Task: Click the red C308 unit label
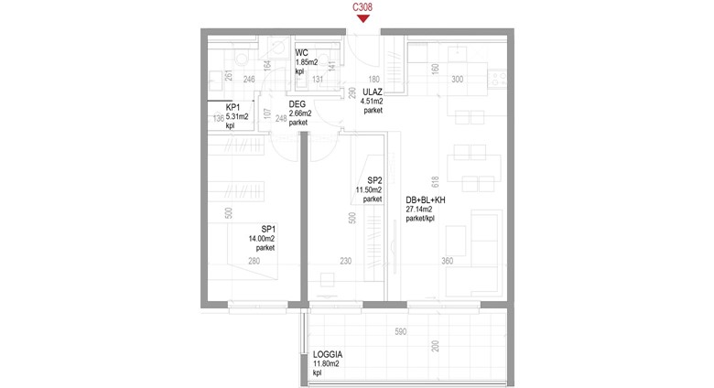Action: pyautogui.click(x=362, y=7)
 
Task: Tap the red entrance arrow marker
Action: pyautogui.click(x=362, y=18)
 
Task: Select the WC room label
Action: pyautogui.click(x=301, y=53)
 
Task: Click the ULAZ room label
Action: pyautogui.click(x=373, y=92)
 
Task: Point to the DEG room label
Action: pyautogui.click(x=297, y=104)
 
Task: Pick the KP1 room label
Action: pyautogui.click(x=233, y=107)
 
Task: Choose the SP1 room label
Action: pyautogui.click(x=268, y=229)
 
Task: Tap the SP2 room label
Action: pyautogui.click(x=374, y=181)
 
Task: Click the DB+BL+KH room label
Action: pyautogui.click(x=426, y=199)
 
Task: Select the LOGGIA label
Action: pyautogui.click(x=328, y=354)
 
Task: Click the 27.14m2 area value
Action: pyautogui.click(x=419, y=210)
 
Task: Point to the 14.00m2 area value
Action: pyautogui.click(x=262, y=239)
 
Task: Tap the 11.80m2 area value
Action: pyautogui.click(x=326, y=364)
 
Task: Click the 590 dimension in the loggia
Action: pyautogui.click(x=400, y=331)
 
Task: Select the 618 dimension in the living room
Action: pyautogui.click(x=435, y=182)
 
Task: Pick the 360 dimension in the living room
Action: pyautogui.click(x=447, y=261)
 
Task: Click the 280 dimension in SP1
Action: pyautogui.click(x=254, y=261)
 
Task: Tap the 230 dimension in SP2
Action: pyautogui.click(x=346, y=261)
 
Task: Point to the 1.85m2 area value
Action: pyautogui.click(x=307, y=62)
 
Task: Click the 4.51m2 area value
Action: pyautogui.click(x=372, y=102)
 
